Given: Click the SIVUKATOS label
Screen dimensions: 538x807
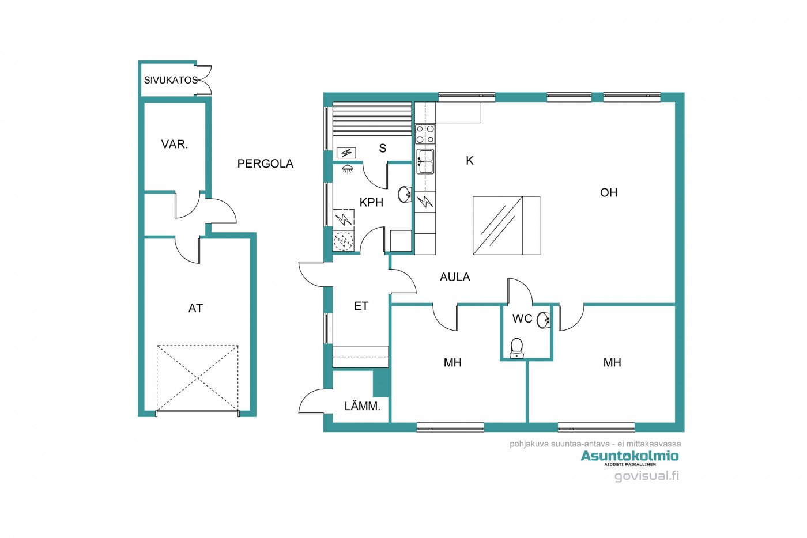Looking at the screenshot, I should [x=171, y=80].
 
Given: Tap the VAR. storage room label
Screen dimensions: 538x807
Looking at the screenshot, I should [x=174, y=144].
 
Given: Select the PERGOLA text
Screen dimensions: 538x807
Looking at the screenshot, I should [x=265, y=164].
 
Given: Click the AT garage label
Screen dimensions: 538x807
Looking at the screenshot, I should [x=195, y=308].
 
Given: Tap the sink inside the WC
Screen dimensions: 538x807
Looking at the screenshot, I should [x=543, y=320].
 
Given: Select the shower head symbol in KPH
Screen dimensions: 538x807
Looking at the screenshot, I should [x=347, y=169].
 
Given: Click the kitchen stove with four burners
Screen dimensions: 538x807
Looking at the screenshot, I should [x=425, y=134].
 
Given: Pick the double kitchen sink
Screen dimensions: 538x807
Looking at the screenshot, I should [x=425, y=161].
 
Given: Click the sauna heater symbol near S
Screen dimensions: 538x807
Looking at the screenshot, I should [x=346, y=153].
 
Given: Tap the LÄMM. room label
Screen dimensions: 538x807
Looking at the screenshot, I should [x=362, y=406].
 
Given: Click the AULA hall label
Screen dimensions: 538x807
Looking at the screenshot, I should [x=455, y=277].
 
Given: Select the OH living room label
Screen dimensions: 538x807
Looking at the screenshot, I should [x=609, y=192].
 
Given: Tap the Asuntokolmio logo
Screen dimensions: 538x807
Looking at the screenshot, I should [x=629, y=457].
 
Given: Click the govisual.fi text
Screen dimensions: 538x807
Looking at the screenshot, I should [x=646, y=476].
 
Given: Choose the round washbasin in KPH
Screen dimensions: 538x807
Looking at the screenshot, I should [x=405, y=194].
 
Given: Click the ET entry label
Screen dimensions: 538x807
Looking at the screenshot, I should [x=361, y=306].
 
